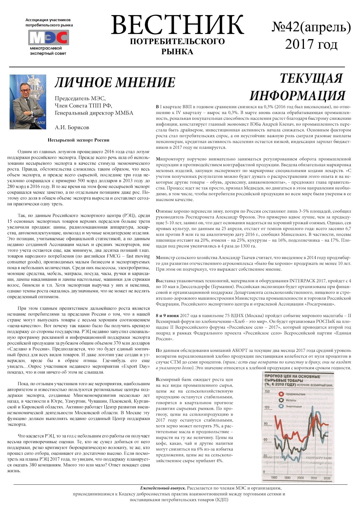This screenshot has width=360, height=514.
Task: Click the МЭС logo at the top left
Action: (48, 37)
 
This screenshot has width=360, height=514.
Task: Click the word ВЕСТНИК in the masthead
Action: (177, 25)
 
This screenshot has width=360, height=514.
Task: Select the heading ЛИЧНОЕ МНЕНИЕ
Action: (115, 83)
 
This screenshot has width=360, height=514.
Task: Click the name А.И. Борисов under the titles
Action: (72, 127)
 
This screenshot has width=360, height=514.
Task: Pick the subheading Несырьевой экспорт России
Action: (78, 140)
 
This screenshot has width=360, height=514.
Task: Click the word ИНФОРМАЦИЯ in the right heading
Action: (297, 95)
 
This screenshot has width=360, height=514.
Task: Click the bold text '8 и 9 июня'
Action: (167, 315)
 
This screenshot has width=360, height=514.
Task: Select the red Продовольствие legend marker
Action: (281, 394)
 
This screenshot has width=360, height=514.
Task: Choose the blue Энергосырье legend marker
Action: (281, 406)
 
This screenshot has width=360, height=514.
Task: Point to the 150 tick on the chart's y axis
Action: (267, 391)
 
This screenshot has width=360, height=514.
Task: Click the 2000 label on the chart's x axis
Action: (300, 478)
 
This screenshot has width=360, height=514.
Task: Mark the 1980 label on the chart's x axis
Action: (274, 477)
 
